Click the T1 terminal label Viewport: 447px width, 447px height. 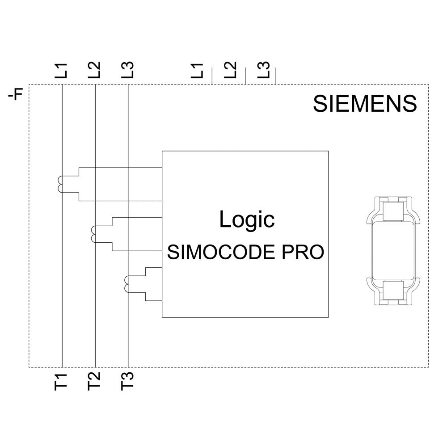(x=61, y=381)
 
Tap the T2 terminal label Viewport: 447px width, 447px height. (x=95, y=381)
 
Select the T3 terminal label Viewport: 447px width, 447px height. (x=128, y=381)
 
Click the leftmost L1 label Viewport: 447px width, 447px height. (x=61, y=71)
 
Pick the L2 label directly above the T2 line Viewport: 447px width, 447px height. (x=95, y=71)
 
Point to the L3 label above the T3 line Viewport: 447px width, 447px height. (x=128, y=71)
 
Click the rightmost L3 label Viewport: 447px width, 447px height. (x=264, y=71)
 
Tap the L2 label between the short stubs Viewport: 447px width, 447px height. (x=230, y=71)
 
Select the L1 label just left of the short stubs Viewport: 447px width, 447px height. (x=197, y=71)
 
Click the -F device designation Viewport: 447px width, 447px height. (x=16, y=95)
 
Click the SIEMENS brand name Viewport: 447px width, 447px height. (x=365, y=104)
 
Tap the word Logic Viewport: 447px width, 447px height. (x=247, y=219)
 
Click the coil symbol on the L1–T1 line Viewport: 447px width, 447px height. (x=60, y=184)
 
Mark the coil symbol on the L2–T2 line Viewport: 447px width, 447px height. (x=93, y=234)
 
